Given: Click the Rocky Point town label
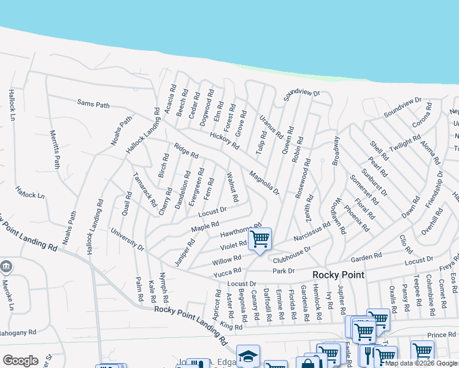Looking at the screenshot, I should coord(339,275).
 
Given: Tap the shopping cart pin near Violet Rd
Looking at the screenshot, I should coord(260,239).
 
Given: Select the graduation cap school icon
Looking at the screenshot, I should coord(248,356).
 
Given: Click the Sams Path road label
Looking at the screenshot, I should coord(93,105).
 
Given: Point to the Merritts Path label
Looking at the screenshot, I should coord(54,150).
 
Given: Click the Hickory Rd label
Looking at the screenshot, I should coord(224,140).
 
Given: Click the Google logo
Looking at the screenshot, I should coord(20,360).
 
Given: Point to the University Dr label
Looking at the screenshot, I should coord(127,240).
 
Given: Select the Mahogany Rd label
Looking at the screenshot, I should coord(17,332).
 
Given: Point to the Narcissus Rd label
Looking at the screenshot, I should coord(312,231).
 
